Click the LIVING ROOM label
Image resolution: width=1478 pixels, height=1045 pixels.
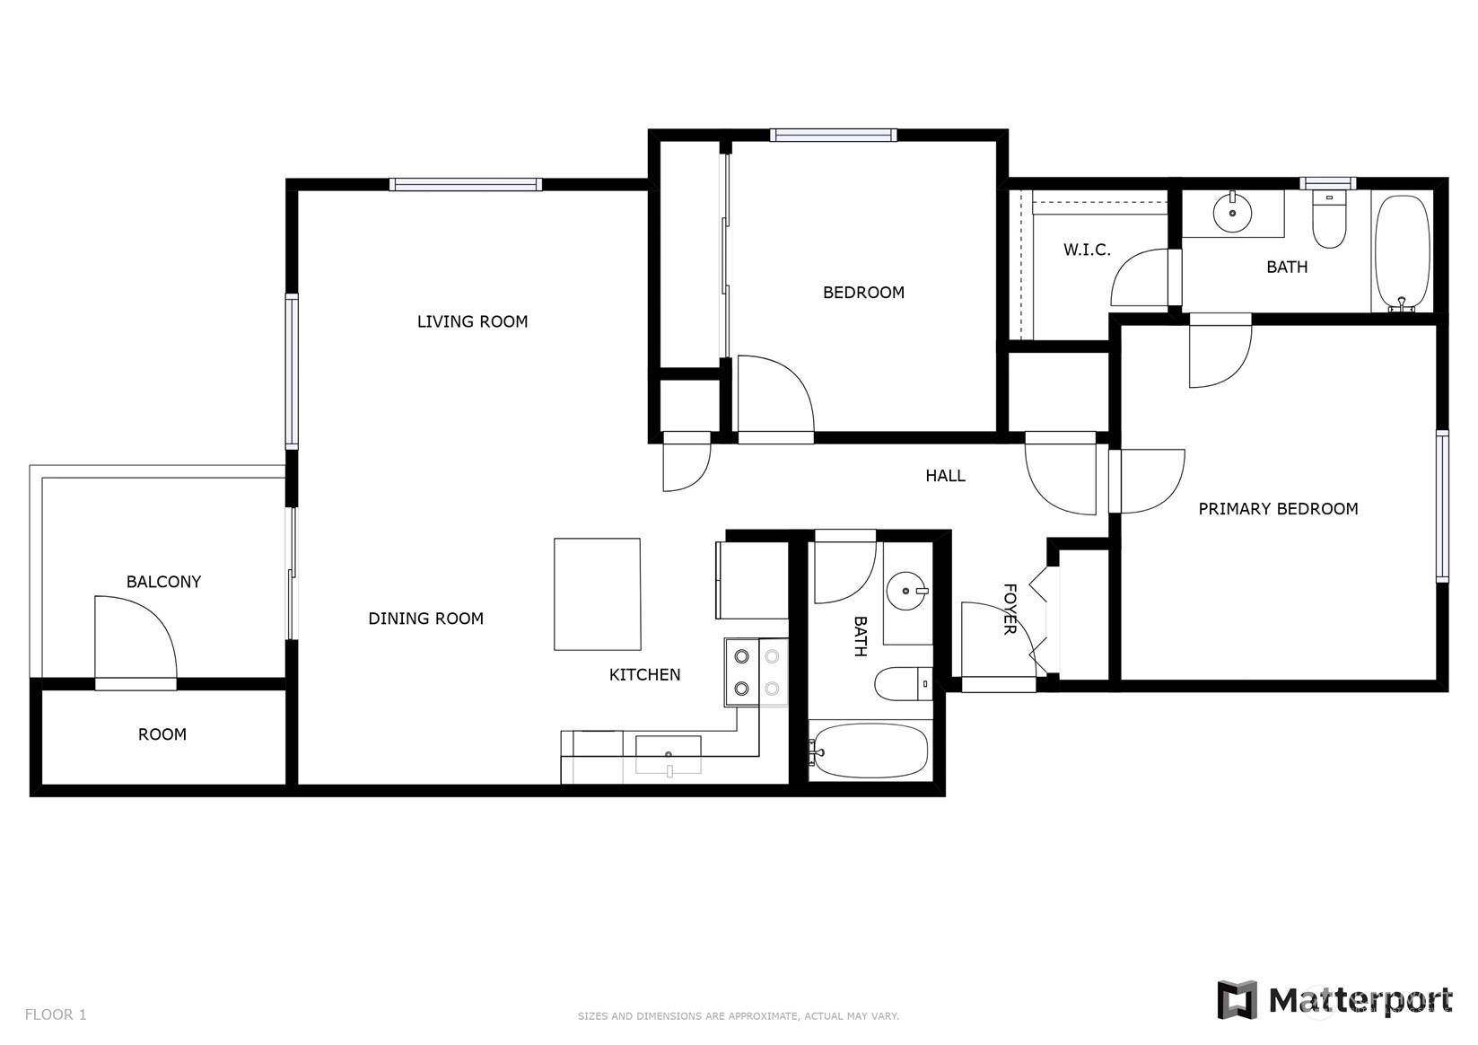tap(472, 321)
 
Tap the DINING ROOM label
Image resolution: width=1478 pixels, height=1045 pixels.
tap(425, 619)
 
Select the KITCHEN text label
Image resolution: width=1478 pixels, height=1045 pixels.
tap(644, 674)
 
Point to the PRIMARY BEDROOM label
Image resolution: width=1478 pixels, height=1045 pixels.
tap(1278, 509)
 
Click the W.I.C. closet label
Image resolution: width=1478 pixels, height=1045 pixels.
tap(1087, 250)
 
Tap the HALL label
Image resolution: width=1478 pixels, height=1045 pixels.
tap(945, 475)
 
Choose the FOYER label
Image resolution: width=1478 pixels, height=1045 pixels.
tap(1010, 610)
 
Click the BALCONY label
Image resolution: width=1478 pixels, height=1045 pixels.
tap(163, 582)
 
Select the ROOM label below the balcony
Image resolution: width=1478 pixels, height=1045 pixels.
tap(162, 734)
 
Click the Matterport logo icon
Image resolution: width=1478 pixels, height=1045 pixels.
tap(1236, 999)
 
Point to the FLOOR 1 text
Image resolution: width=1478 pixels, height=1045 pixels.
tap(56, 1014)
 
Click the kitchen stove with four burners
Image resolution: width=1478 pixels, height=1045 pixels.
tap(756, 672)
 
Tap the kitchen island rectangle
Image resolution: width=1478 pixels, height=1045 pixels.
tap(597, 594)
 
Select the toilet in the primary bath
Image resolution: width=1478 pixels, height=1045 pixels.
tap(1329, 219)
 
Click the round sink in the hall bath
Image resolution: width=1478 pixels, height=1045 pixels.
tap(906, 591)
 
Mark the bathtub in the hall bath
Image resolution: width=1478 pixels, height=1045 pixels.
tap(869, 751)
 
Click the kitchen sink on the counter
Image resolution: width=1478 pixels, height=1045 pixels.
tap(668, 754)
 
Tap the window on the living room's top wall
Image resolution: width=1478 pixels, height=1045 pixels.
tap(465, 184)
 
